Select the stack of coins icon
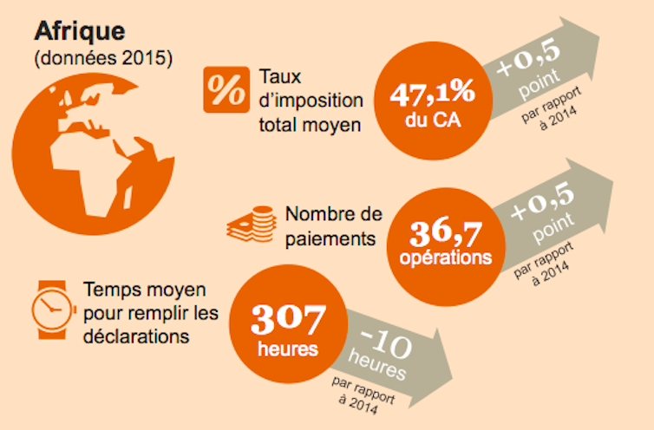(x=249, y=225)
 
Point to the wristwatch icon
(x=50, y=307)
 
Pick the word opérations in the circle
(x=445, y=258)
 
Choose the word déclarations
(x=136, y=335)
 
